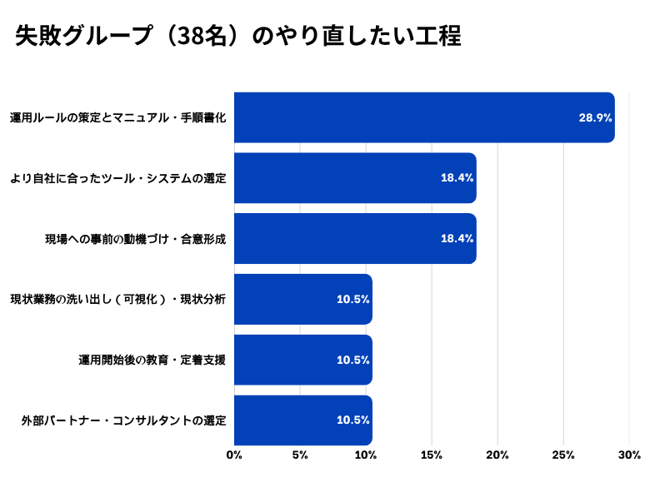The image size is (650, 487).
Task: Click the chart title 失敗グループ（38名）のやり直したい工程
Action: (238, 37)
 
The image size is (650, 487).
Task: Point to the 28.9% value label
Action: (595, 118)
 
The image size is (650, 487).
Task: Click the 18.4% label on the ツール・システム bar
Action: (457, 178)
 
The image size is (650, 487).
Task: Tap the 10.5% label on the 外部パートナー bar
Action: (352, 420)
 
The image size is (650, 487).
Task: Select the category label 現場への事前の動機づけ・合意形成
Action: (136, 239)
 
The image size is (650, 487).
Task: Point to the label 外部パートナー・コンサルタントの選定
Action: (124, 420)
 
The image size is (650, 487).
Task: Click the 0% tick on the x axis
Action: (234, 455)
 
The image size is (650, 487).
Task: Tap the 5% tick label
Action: (300, 455)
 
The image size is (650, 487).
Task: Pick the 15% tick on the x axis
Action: (432, 455)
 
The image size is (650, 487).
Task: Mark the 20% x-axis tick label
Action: (497, 455)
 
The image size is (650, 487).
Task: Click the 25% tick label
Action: (563, 455)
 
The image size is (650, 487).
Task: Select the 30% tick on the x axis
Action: (629, 455)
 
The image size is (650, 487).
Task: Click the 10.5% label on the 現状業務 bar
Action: (352, 300)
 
